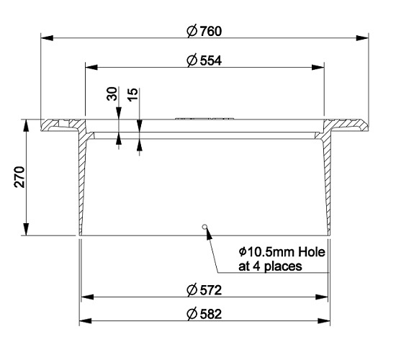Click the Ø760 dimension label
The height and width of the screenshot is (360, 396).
[x=204, y=31]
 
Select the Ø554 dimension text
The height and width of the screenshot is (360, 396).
[x=204, y=60]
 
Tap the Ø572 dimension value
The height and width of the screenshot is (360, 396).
[x=204, y=289]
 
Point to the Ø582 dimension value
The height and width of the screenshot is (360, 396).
[x=204, y=314]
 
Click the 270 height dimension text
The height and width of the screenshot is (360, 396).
[x=19, y=177]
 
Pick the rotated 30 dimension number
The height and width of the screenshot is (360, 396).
[x=112, y=94]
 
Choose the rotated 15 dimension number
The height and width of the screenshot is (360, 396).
[x=133, y=94]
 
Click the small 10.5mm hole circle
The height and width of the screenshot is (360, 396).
[x=204, y=226]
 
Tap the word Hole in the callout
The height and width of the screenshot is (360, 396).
[x=312, y=252]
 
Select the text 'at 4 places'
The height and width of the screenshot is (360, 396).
[x=270, y=266]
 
